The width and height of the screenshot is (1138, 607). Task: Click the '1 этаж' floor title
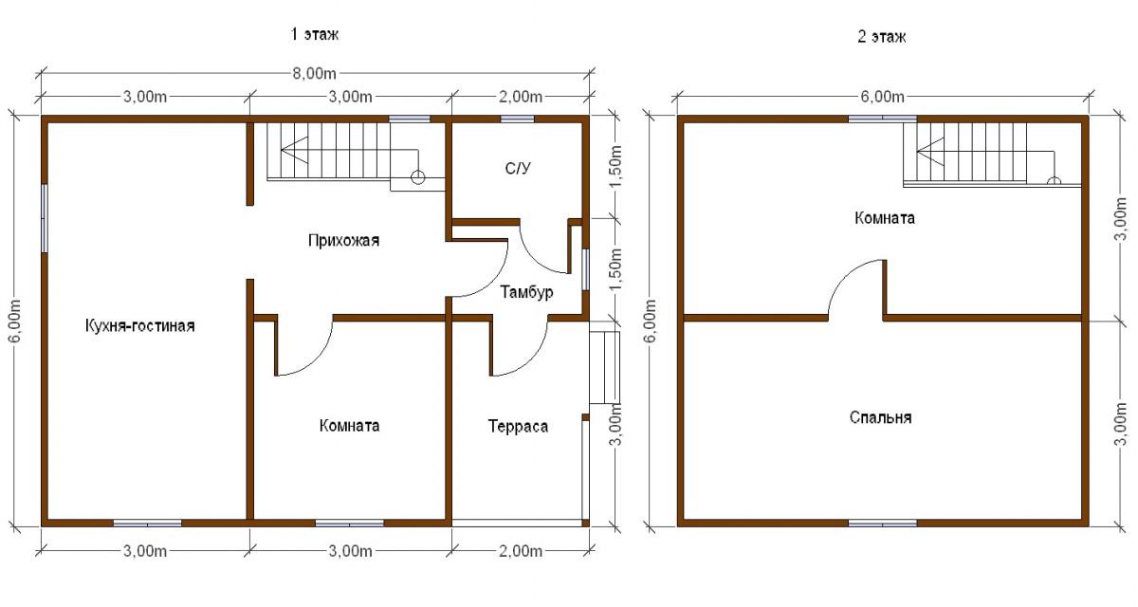coord(315,34)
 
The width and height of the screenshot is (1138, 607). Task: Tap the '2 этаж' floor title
coord(881,37)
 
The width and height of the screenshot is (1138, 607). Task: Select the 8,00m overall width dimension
coord(315,74)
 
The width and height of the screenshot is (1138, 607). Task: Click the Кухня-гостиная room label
coord(139,325)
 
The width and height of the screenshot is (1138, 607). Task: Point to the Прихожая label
coord(344,240)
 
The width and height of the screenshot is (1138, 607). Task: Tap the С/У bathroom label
coord(518,168)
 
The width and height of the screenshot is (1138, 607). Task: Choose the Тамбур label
coord(527,292)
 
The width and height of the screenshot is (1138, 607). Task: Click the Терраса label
coord(518,426)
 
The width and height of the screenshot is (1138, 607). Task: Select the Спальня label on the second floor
coord(880,417)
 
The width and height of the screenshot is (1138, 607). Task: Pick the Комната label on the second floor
coord(885,218)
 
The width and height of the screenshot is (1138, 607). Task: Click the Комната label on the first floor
coord(350,425)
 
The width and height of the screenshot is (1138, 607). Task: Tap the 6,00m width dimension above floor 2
coord(883,97)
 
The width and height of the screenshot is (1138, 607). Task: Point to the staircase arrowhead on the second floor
coord(929,151)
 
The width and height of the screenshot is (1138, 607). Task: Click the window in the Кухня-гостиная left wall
coord(45,218)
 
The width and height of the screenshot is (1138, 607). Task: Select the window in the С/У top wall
coord(517,120)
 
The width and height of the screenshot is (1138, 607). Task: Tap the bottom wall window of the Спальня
coord(883,523)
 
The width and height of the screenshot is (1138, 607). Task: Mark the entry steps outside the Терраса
coord(605,368)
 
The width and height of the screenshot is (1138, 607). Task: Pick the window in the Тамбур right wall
coord(585,269)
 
